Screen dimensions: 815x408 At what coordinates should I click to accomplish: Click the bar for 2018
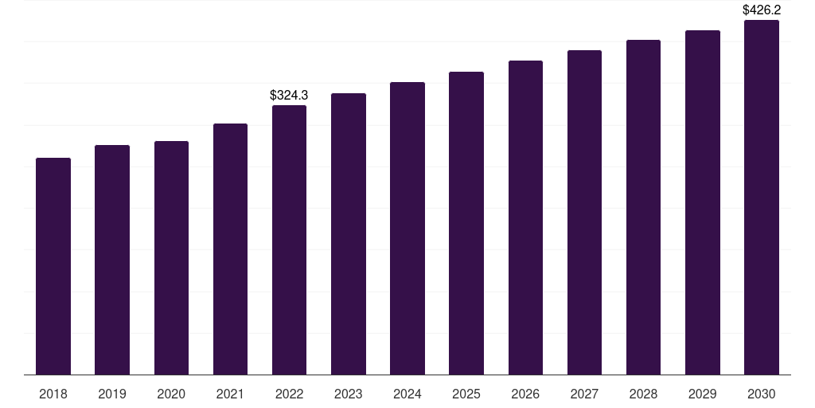[53, 266]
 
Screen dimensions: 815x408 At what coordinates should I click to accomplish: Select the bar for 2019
[112, 261]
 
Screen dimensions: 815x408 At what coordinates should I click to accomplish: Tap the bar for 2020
[172, 258]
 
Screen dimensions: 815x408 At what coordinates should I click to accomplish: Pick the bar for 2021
[230, 249]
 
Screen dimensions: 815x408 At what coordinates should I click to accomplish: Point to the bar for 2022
[289, 240]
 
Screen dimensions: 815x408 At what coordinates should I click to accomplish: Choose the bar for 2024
[407, 229]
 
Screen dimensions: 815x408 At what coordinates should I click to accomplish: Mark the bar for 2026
[525, 218]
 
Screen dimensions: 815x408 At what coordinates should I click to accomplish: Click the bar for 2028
[643, 207]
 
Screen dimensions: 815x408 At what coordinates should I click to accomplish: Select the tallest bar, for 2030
[762, 198]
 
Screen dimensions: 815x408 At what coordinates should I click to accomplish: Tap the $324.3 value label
[289, 96]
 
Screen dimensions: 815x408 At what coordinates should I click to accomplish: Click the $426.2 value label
[762, 10]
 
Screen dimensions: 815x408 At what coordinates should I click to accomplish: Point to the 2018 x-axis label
[53, 394]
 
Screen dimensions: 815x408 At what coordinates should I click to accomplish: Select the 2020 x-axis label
[172, 394]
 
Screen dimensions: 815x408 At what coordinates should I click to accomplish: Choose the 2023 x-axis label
[349, 394]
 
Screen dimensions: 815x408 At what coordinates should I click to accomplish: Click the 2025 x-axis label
[466, 394]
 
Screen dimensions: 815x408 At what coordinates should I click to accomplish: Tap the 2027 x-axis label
[584, 394]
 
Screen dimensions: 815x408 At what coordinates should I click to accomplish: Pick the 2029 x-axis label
[703, 394]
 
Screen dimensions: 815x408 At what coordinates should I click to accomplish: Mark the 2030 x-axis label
[762, 394]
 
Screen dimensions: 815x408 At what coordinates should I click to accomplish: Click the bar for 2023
[349, 234]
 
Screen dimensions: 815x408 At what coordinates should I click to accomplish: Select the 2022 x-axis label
[289, 394]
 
